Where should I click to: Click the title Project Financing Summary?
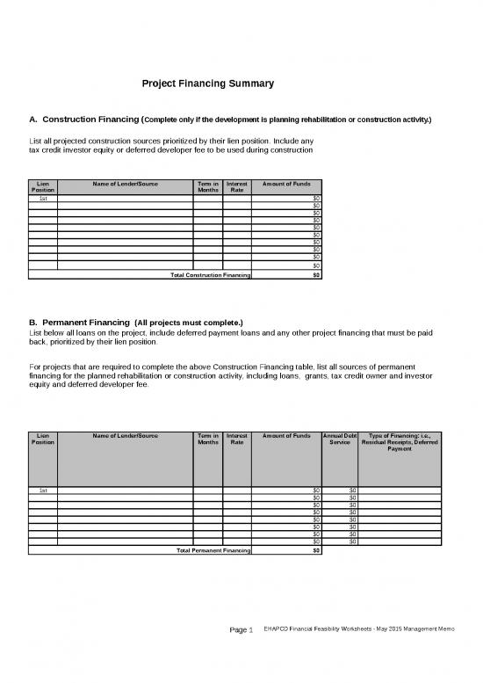coord(208,84)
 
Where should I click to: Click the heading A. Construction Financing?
coord(84,119)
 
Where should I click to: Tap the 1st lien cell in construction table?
coord(43,199)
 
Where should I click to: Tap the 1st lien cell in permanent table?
coord(43,490)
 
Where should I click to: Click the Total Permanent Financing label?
coord(213,551)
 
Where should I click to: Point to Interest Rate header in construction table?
coord(237,186)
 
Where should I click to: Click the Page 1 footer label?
coord(241,655)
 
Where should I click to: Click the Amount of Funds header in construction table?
coord(286,183)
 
